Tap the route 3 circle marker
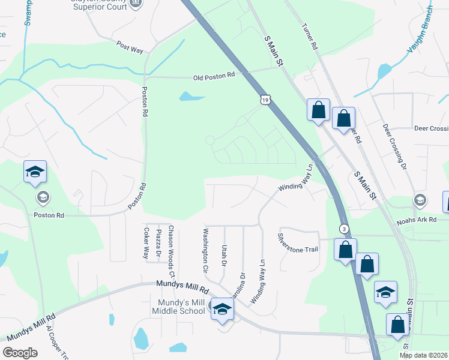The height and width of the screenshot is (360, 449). click(x=343, y=229)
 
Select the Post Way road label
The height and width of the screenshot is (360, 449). click(x=130, y=47)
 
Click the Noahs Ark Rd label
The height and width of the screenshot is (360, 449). click(x=415, y=220)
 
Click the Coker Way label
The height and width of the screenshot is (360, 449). click(x=146, y=243)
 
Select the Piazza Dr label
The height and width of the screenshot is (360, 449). click(x=158, y=242)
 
